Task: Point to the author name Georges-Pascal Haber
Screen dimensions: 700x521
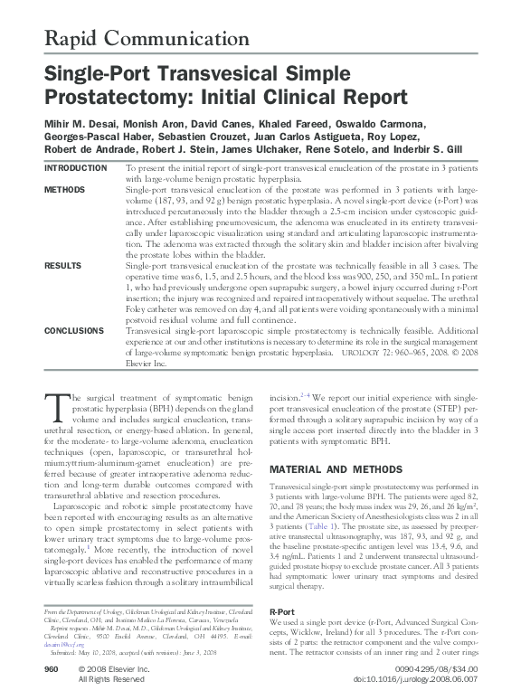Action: pos(96,137)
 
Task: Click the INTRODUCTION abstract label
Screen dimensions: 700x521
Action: pos(75,168)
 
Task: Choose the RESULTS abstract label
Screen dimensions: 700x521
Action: pos(62,266)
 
